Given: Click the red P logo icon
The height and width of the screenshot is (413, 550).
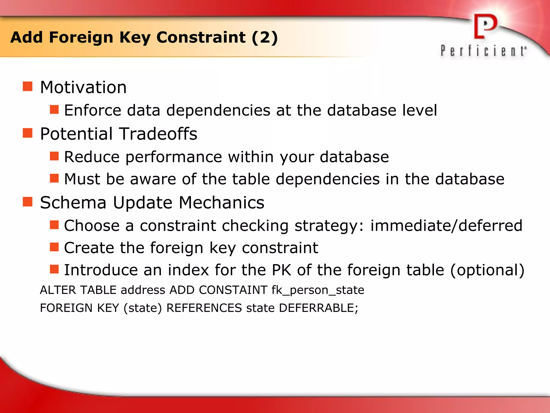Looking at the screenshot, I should [x=485, y=27].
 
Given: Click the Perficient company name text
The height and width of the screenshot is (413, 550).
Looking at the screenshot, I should [x=483, y=51].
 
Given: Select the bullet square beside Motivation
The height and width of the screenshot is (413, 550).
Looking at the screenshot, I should [x=27, y=87].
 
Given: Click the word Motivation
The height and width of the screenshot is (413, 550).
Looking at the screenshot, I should [x=83, y=87].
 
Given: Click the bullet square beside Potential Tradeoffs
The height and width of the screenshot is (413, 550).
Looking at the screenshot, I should [x=27, y=133].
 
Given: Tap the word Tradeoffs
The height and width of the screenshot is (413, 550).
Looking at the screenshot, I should [x=158, y=134].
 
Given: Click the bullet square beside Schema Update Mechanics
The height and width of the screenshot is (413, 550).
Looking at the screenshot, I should [x=27, y=202].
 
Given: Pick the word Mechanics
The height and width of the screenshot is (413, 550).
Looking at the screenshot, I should [x=221, y=202].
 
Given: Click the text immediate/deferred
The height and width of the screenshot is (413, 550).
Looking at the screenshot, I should [x=446, y=225].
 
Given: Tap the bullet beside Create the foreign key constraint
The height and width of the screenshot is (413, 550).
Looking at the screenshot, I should [x=54, y=247].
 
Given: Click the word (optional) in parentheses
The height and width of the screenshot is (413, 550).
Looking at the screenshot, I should [x=487, y=270].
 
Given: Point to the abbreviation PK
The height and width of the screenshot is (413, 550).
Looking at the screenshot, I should [x=281, y=270].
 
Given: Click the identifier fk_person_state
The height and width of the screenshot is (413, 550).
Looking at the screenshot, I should [x=318, y=290].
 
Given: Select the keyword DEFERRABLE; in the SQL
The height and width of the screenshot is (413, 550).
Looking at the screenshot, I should [x=319, y=308].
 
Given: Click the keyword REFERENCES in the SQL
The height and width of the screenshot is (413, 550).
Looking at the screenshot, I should [x=204, y=308].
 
